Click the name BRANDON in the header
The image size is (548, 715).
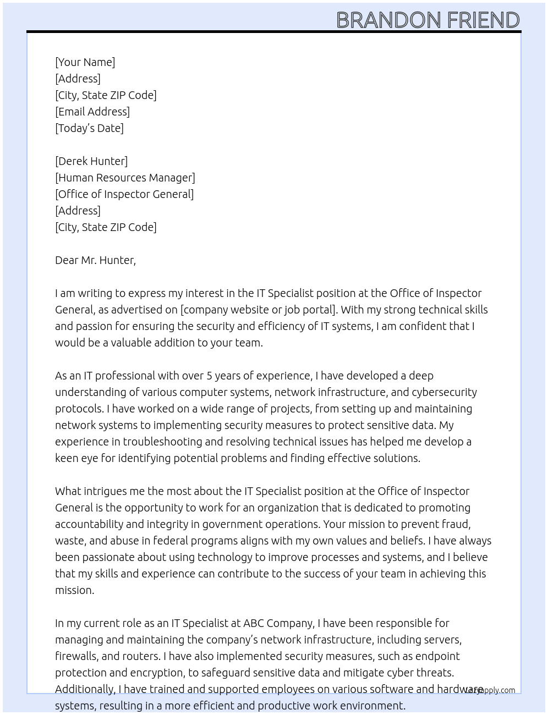click(388, 20)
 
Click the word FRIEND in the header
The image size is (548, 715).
click(483, 20)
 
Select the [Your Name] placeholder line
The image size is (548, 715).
click(85, 62)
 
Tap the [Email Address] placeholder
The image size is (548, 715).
click(92, 112)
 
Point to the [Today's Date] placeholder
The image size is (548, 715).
click(89, 128)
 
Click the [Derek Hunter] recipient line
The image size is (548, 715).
click(91, 161)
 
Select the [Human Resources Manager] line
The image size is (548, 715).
click(125, 178)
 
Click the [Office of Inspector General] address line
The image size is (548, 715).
click(124, 194)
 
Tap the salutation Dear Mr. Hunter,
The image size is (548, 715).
click(95, 260)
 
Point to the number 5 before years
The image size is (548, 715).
click(209, 376)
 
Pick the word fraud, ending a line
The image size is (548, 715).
click(456, 524)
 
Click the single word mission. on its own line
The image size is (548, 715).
click(74, 590)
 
